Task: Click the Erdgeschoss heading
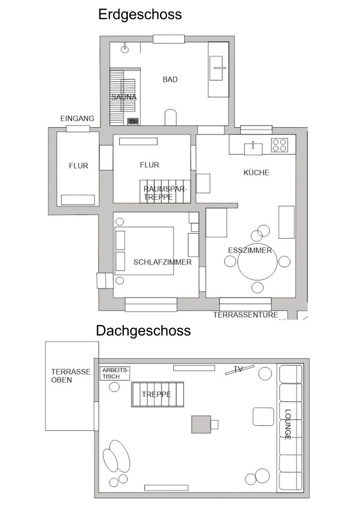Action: coord(140,14)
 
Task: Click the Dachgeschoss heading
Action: coord(143,331)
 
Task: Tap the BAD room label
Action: coord(170,79)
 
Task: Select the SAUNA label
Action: coord(124,97)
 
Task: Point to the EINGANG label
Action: coord(77,118)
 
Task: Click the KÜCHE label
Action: coord(257,172)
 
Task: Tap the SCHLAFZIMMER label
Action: coord(163,262)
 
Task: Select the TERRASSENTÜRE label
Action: coord(246,315)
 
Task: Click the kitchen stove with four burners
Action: coord(279,145)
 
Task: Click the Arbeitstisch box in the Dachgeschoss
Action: coord(115,373)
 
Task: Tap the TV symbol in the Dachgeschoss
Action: coord(239,370)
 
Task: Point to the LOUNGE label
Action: coord(287,424)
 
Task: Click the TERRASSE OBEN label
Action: coord(71,376)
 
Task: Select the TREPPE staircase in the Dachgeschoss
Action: coord(158,394)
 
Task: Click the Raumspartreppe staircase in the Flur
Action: coord(165,191)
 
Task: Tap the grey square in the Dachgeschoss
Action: coord(201,424)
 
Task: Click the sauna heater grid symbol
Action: coord(133,121)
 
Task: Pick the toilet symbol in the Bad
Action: coord(171,117)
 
